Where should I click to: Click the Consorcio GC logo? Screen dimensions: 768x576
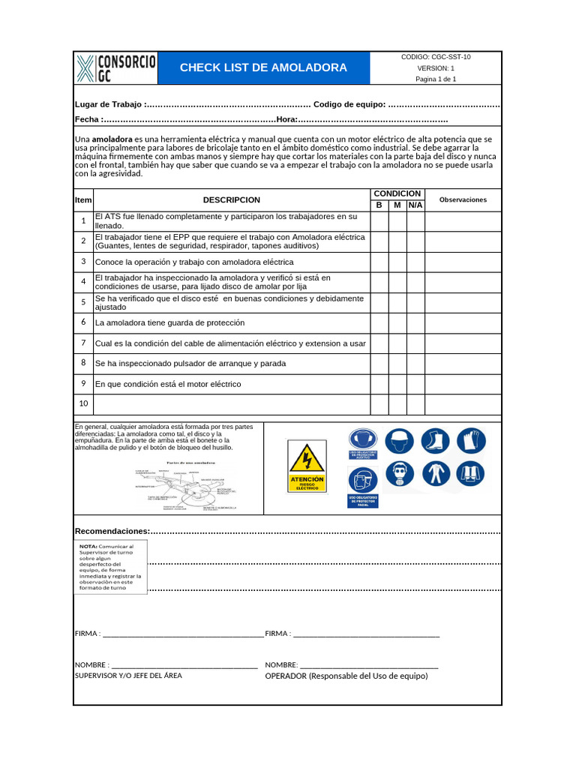click(x=116, y=67)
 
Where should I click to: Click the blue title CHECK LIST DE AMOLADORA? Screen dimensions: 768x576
click(x=263, y=67)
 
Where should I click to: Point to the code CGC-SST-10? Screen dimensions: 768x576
click(x=436, y=56)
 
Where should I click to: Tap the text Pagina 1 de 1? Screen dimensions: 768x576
click(x=436, y=79)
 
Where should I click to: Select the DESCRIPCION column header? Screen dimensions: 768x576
click(x=231, y=200)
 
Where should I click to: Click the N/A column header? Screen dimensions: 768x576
click(x=415, y=205)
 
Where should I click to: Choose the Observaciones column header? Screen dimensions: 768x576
click(x=463, y=200)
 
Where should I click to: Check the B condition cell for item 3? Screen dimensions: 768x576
click(x=379, y=262)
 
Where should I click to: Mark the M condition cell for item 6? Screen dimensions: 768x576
click(x=397, y=322)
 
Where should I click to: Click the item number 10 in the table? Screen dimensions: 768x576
click(x=83, y=403)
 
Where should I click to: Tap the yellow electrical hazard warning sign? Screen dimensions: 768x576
click(x=307, y=466)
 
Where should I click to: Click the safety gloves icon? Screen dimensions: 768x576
click(x=471, y=440)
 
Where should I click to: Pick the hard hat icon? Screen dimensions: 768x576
click(x=399, y=440)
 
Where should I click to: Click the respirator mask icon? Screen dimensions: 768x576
click(x=399, y=474)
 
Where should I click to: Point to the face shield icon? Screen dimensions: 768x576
click(x=363, y=480)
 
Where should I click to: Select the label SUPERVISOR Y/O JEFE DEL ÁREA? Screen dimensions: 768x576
click(x=128, y=676)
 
